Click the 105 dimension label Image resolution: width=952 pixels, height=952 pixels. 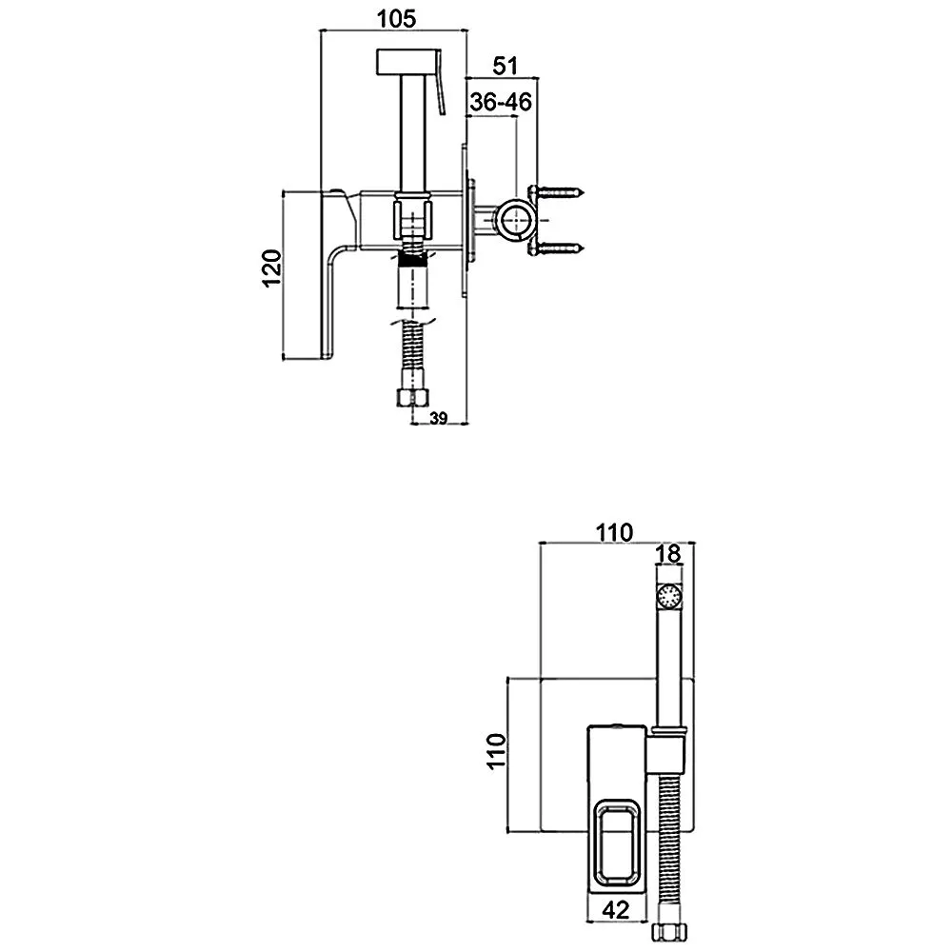click(396, 19)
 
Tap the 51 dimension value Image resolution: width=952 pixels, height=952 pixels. click(506, 66)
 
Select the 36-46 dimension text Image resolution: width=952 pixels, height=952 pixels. click(501, 102)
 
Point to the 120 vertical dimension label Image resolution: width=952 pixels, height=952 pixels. click(272, 268)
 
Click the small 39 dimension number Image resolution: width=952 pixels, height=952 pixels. click(438, 418)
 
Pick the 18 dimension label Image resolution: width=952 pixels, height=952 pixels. click(668, 554)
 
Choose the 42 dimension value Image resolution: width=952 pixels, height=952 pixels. click(616, 909)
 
